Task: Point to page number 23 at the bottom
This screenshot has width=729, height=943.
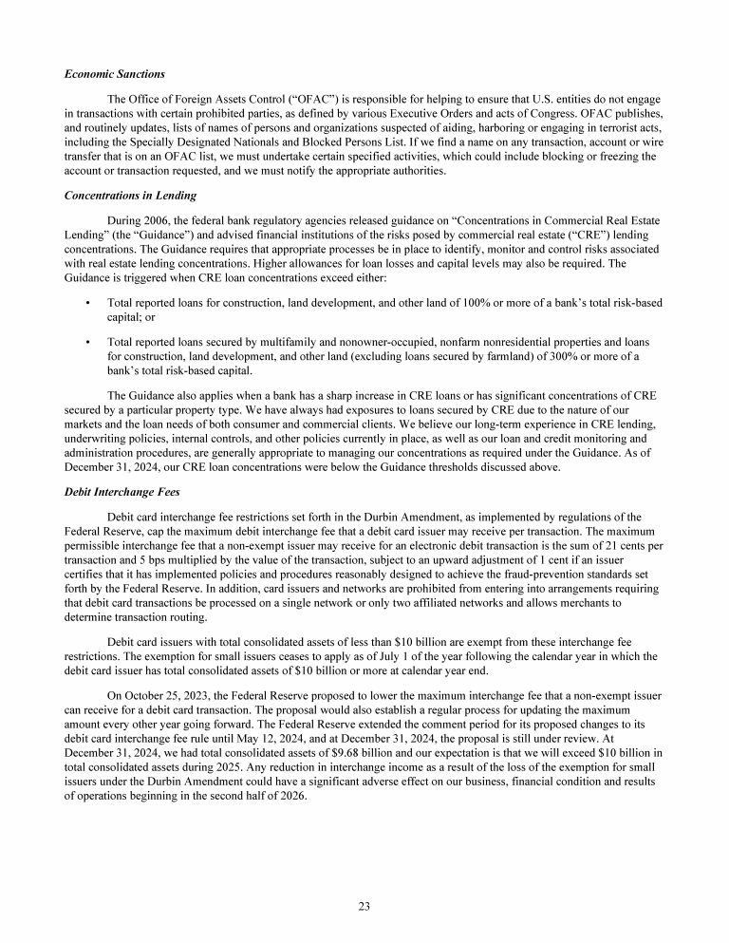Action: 364,905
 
